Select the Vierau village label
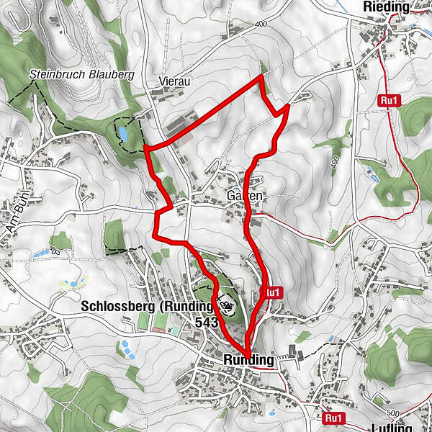coord(175,82)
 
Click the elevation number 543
coord(206,323)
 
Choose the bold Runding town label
coord(239,360)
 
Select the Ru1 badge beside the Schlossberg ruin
coord(271,292)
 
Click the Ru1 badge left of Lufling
coord(333,418)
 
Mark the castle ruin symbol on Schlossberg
coord(227,305)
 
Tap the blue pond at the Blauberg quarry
coord(124,133)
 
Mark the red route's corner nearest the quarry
coord(146,148)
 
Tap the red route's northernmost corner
coord(260,76)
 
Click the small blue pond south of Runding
coord(271,413)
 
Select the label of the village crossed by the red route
coord(246,196)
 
